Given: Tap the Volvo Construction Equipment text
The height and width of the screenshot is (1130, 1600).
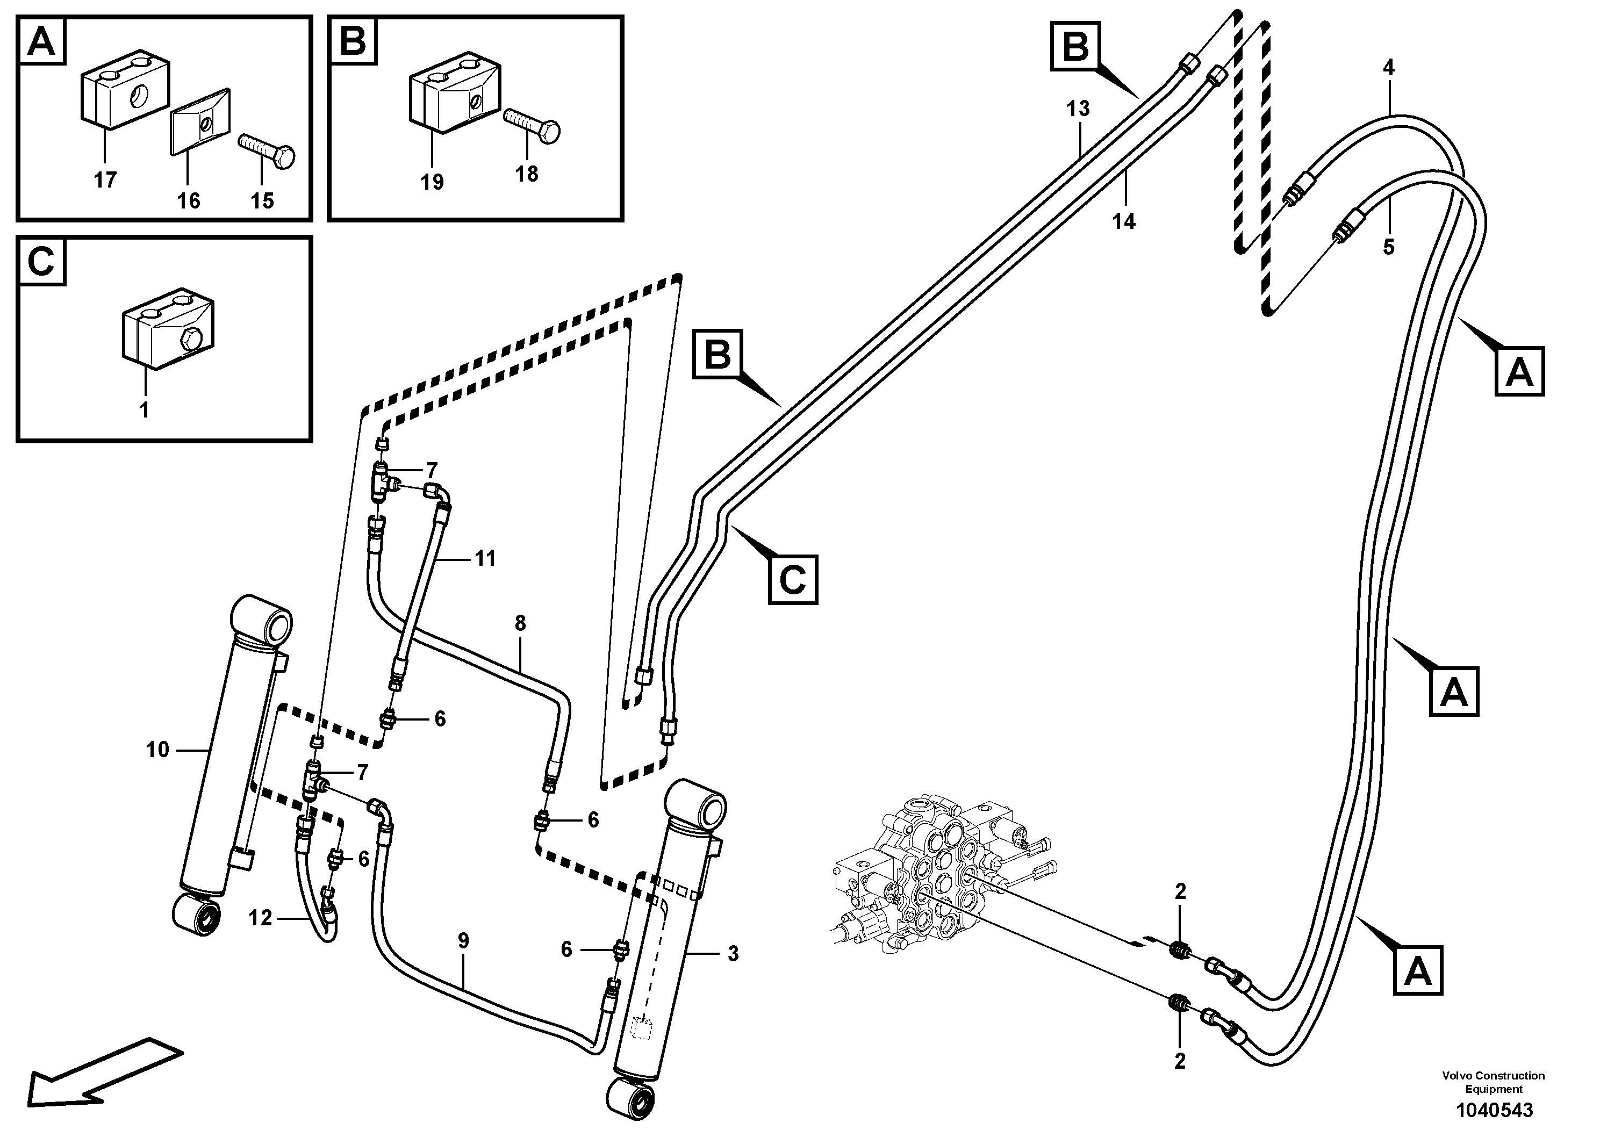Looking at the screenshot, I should pos(1494,1082).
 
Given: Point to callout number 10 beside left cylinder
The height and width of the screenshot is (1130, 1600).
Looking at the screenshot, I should pos(157,750).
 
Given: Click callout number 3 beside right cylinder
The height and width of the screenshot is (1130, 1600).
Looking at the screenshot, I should pos(733,954).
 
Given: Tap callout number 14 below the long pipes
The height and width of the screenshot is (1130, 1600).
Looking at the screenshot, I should pos(1123,221).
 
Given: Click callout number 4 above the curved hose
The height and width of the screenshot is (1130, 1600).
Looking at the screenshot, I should pos(1389,68).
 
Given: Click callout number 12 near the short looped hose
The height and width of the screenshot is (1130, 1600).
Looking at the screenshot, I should pos(260,918).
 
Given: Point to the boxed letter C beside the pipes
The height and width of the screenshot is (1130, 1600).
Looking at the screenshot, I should pos(792,579).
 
